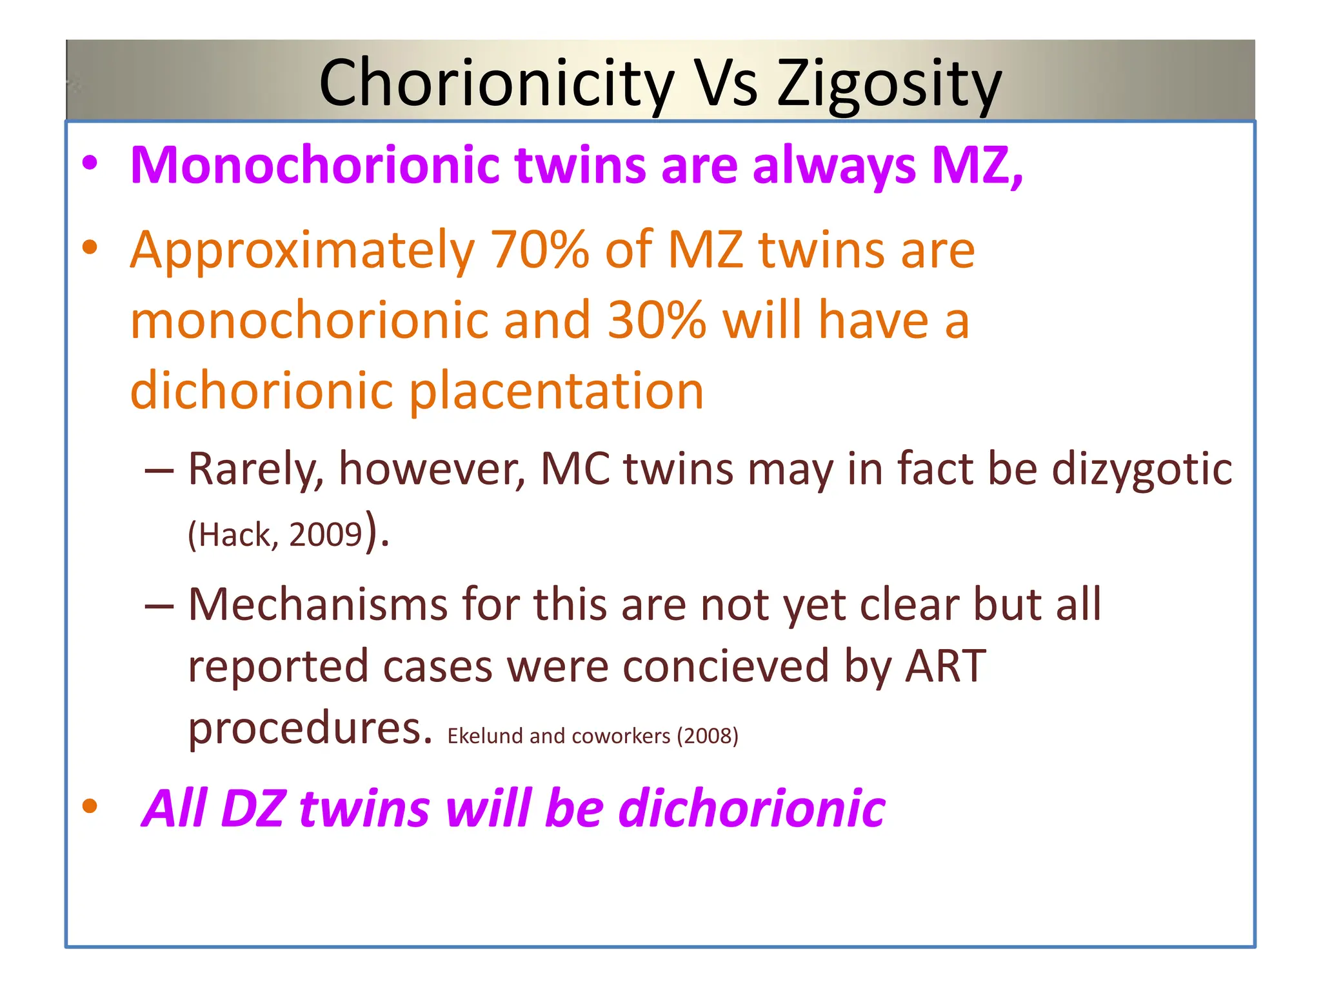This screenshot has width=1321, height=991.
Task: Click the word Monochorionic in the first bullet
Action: pyautogui.click(x=315, y=165)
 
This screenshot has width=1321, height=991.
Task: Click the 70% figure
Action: pyautogui.click(x=540, y=250)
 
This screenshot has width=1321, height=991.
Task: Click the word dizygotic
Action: pyautogui.click(x=1142, y=470)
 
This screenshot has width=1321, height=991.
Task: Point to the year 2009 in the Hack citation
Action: pyautogui.click(x=326, y=535)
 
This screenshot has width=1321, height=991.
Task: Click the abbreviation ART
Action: pyautogui.click(x=946, y=666)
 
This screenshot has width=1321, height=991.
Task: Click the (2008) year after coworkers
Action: pyautogui.click(x=708, y=736)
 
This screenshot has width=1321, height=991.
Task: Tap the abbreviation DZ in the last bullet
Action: pyautogui.click(x=252, y=808)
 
